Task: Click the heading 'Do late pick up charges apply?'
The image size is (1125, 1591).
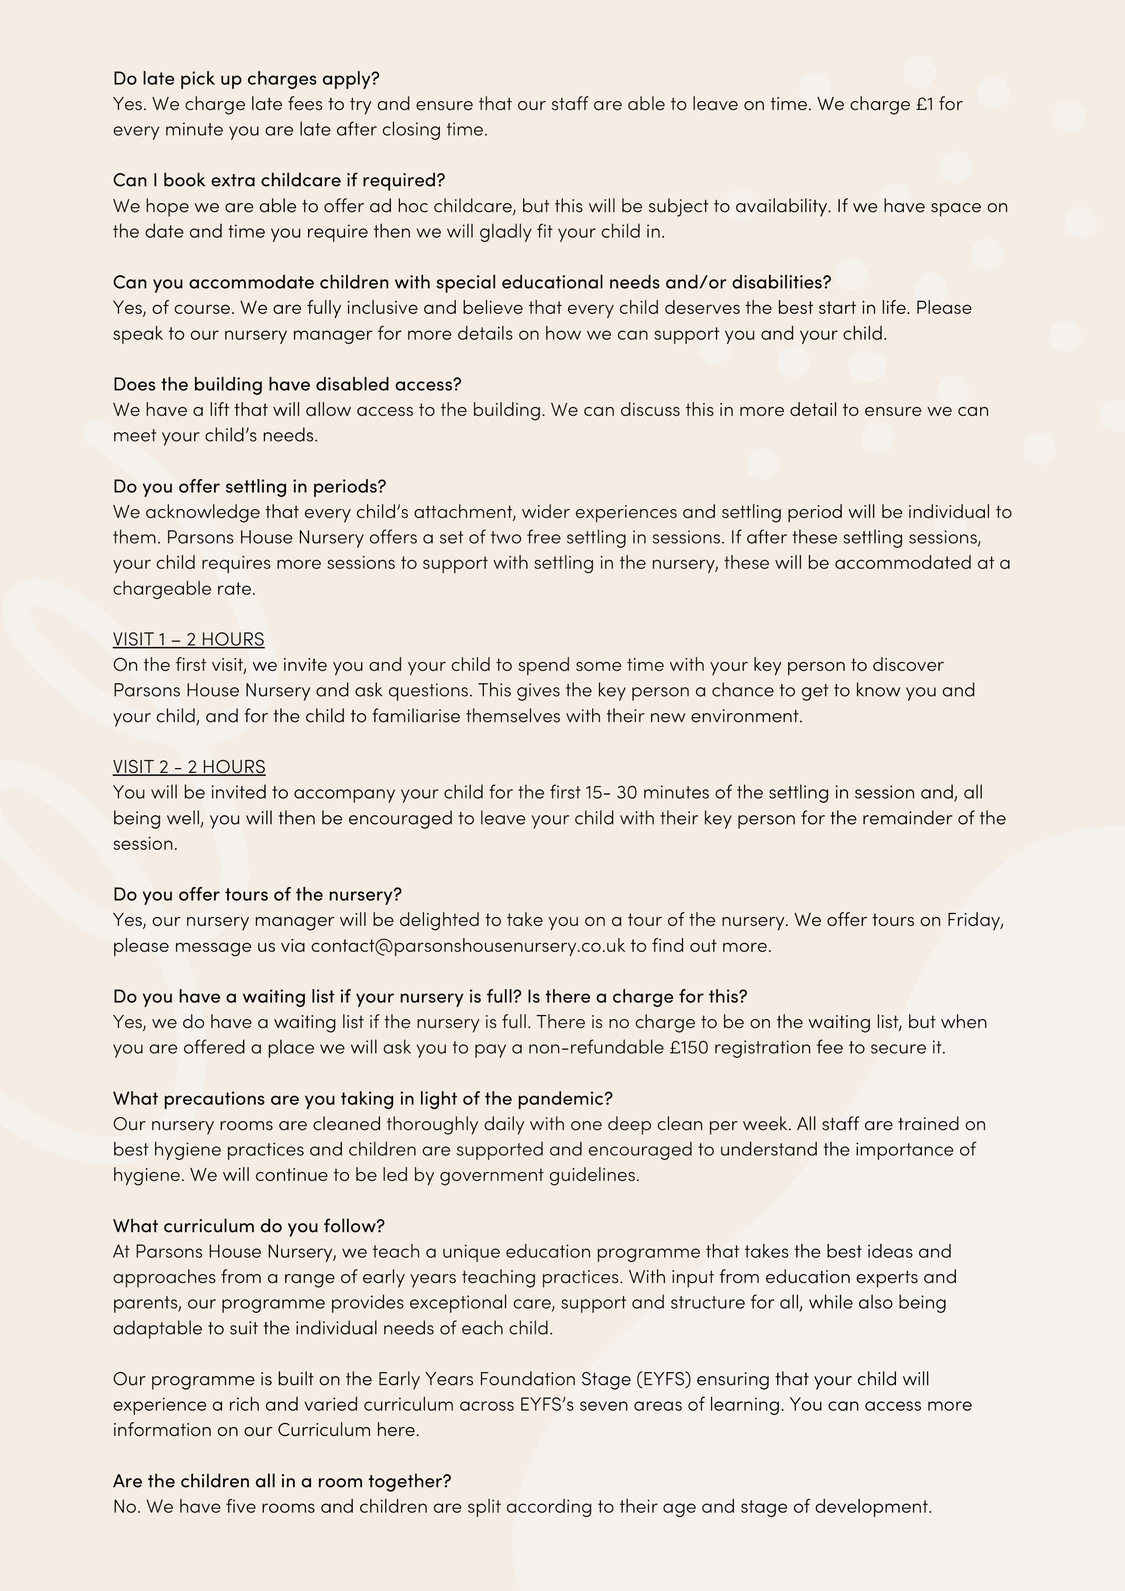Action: (x=246, y=78)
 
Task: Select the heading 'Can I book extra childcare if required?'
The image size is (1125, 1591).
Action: (x=279, y=180)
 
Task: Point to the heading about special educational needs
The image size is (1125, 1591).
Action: (x=471, y=282)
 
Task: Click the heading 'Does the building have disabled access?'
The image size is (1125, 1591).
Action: (x=287, y=384)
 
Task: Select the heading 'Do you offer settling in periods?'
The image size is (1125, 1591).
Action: (x=249, y=486)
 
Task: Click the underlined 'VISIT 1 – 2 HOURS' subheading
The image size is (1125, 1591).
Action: (x=189, y=639)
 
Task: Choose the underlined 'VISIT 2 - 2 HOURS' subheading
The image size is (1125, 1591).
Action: (x=189, y=766)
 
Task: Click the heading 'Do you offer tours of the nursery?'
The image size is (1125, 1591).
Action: (x=257, y=894)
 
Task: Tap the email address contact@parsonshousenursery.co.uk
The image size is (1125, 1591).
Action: (x=468, y=945)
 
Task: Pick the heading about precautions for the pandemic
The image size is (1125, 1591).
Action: (x=362, y=1098)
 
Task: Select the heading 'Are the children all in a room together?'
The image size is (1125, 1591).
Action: (x=282, y=1481)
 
